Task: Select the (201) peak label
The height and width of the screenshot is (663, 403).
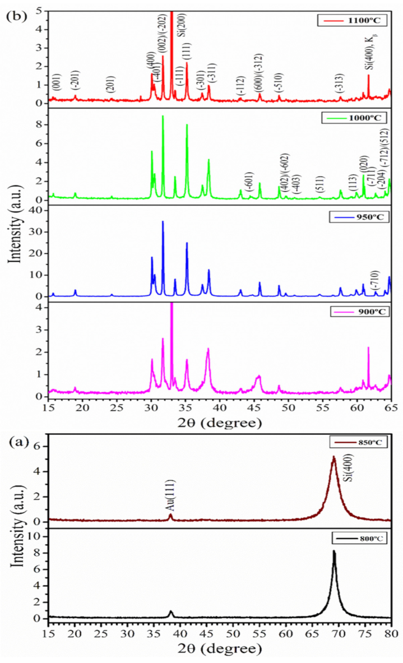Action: pos(111,85)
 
